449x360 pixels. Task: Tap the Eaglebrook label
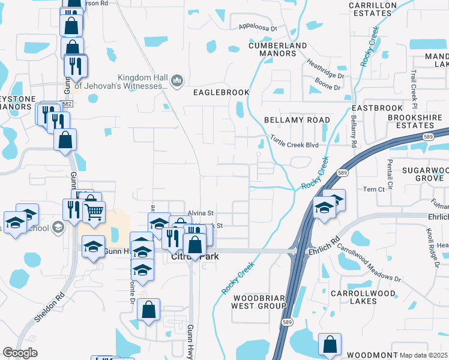pyautogui.click(x=218, y=92)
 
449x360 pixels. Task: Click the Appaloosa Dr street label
pyautogui.click(x=257, y=28)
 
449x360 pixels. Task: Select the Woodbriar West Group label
pyautogui.click(x=259, y=302)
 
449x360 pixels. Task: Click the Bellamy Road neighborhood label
pyautogui.click(x=297, y=120)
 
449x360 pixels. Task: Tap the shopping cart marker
pyautogui.click(x=94, y=211)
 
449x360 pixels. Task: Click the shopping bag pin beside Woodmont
pyautogui.click(x=330, y=344)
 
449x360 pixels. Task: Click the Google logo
pyautogui.click(x=20, y=353)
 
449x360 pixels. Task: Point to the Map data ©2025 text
pyautogui.click(x=424, y=355)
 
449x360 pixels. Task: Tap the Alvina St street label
pyautogui.click(x=201, y=213)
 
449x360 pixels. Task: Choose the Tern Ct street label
pyautogui.click(x=373, y=190)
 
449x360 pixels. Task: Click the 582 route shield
pyautogui.click(x=67, y=104)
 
